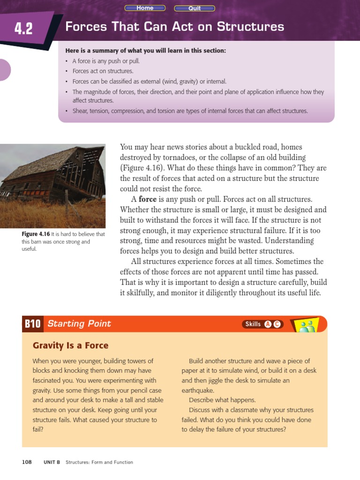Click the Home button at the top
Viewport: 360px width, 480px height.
coord(145,8)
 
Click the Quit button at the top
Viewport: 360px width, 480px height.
coord(195,8)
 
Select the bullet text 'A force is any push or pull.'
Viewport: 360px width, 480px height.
coord(106,61)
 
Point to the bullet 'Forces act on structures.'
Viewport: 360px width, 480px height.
coord(103,71)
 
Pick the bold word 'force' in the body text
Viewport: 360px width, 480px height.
coord(147,199)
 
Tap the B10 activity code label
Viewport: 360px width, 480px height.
coord(33,324)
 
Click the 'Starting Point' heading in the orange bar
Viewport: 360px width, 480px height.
coord(79,324)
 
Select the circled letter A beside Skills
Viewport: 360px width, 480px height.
coord(268,324)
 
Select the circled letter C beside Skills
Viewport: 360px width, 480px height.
coord(277,324)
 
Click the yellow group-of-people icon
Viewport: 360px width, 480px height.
coord(307,325)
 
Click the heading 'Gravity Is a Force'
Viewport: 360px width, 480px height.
coord(70,346)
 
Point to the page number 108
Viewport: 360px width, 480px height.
coord(27,462)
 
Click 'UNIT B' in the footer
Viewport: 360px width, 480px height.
coord(52,462)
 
